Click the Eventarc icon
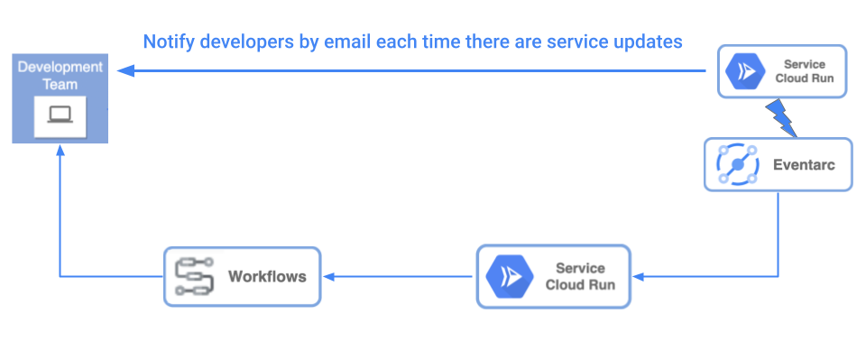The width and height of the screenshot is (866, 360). tap(738, 164)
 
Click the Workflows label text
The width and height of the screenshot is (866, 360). tap(267, 276)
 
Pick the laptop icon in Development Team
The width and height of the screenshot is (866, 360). tap(60, 115)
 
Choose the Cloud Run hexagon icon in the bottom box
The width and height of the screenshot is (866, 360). tap(509, 276)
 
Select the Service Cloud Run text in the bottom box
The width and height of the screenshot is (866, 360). tap(580, 276)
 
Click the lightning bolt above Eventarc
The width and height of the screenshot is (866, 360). tap(780, 116)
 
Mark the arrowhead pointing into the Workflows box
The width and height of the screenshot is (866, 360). tap(327, 276)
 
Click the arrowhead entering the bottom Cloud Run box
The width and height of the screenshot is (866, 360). tap(638, 276)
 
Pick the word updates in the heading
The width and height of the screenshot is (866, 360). tap(651, 42)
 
